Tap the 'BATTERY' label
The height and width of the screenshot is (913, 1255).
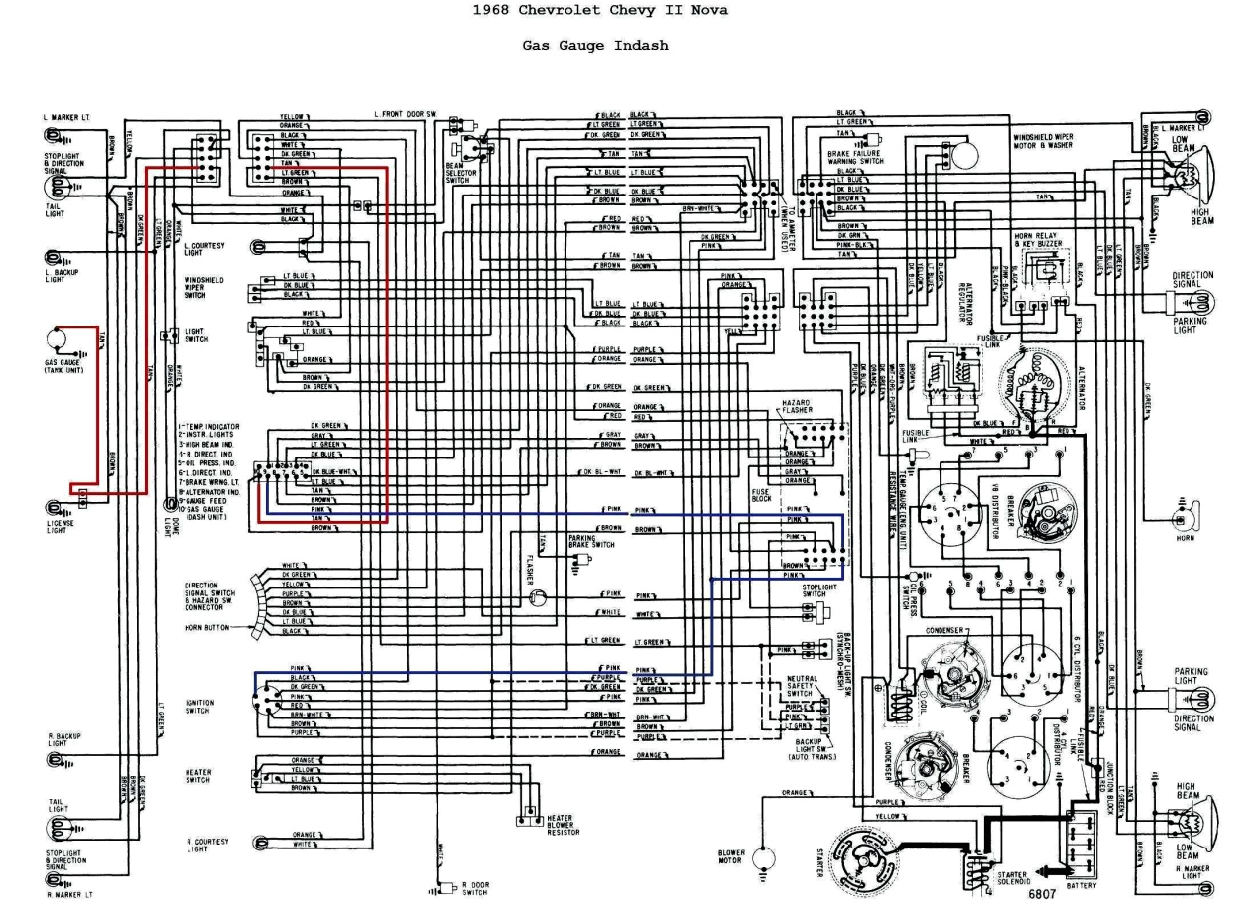coord(1082,884)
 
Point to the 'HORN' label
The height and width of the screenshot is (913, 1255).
coord(1185,538)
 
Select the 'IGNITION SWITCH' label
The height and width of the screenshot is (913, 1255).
coord(198,707)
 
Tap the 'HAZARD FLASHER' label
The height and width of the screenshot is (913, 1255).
coord(796,406)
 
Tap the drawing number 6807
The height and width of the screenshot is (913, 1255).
coord(1042,893)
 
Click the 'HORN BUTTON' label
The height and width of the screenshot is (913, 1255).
coord(205,627)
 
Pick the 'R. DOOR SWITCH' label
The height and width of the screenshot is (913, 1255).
coord(475,886)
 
